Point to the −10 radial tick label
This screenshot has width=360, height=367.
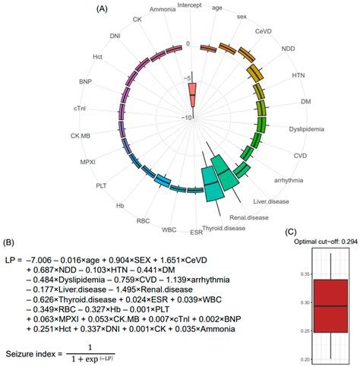coord(186,117)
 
